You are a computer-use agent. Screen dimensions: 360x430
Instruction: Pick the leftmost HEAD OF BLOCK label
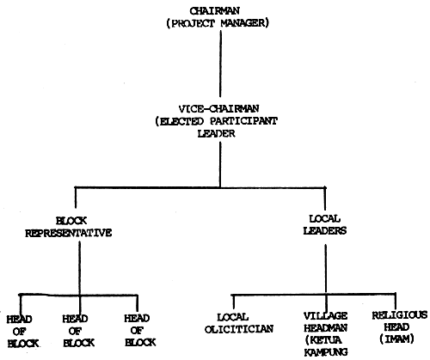[19, 331]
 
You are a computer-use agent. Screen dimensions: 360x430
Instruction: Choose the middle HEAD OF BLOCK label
[75, 331]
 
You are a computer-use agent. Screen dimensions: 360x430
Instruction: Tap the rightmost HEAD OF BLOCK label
[138, 331]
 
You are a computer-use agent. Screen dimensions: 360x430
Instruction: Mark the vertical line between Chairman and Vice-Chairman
[219, 64]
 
